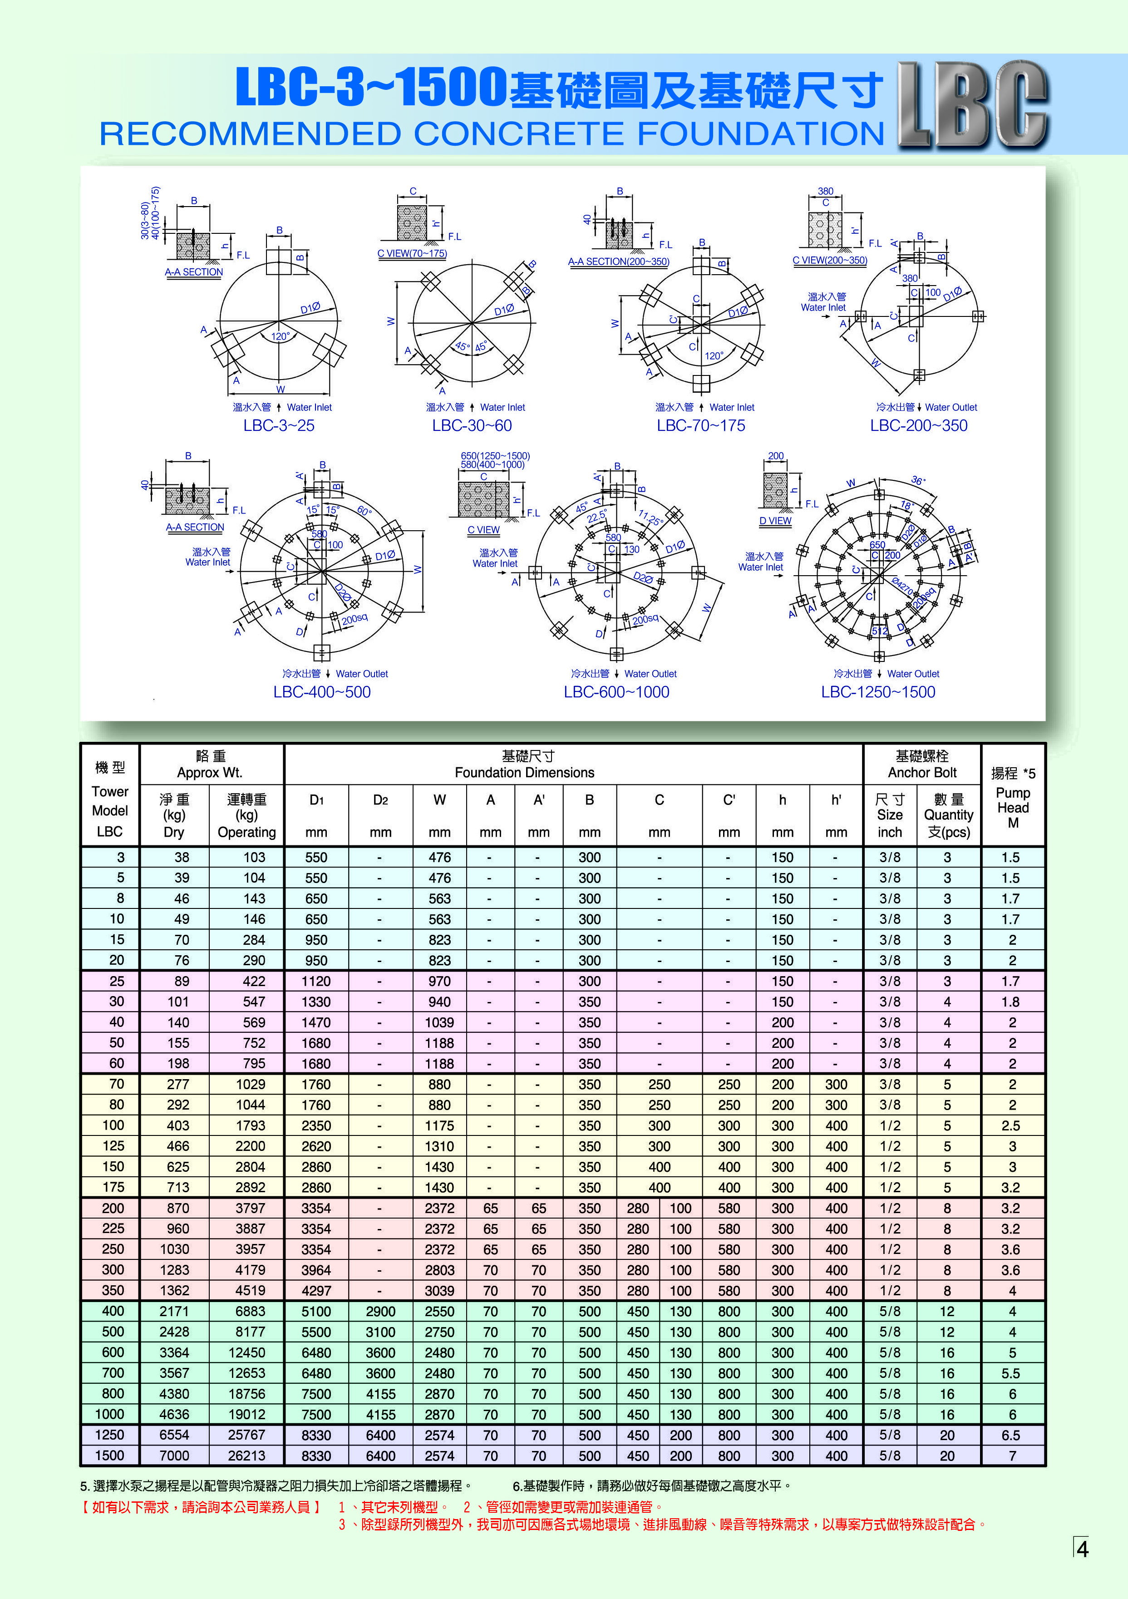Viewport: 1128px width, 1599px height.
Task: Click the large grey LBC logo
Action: click(x=973, y=104)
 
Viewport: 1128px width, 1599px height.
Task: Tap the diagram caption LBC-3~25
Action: click(x=279, y=425)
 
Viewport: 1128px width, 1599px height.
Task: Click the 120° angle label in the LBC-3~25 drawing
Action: click(x=280, y=336)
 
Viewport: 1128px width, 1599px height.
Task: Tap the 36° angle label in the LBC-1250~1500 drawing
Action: click(x=918, y=480)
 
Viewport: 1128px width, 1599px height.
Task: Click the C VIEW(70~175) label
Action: click(x=412, y=253)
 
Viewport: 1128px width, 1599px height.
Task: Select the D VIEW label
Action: click(x=775, y=520)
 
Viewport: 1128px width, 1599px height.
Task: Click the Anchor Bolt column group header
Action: click(x=922, y=765)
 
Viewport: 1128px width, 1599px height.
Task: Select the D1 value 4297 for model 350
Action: click(x=316, y=1290)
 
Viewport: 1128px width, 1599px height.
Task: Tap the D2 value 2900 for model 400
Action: click(x=380, y=1311)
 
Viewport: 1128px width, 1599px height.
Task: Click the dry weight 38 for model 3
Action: click(x=182, y=857)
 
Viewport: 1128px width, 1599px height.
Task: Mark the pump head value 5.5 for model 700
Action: click(x=1010, y=1373)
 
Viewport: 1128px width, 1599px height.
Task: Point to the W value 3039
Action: click(x=439, y=1290)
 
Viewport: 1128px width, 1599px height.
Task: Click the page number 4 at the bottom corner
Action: click(x=1082, y=1549)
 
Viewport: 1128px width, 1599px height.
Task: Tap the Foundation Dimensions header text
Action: click(x=524, y=772)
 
